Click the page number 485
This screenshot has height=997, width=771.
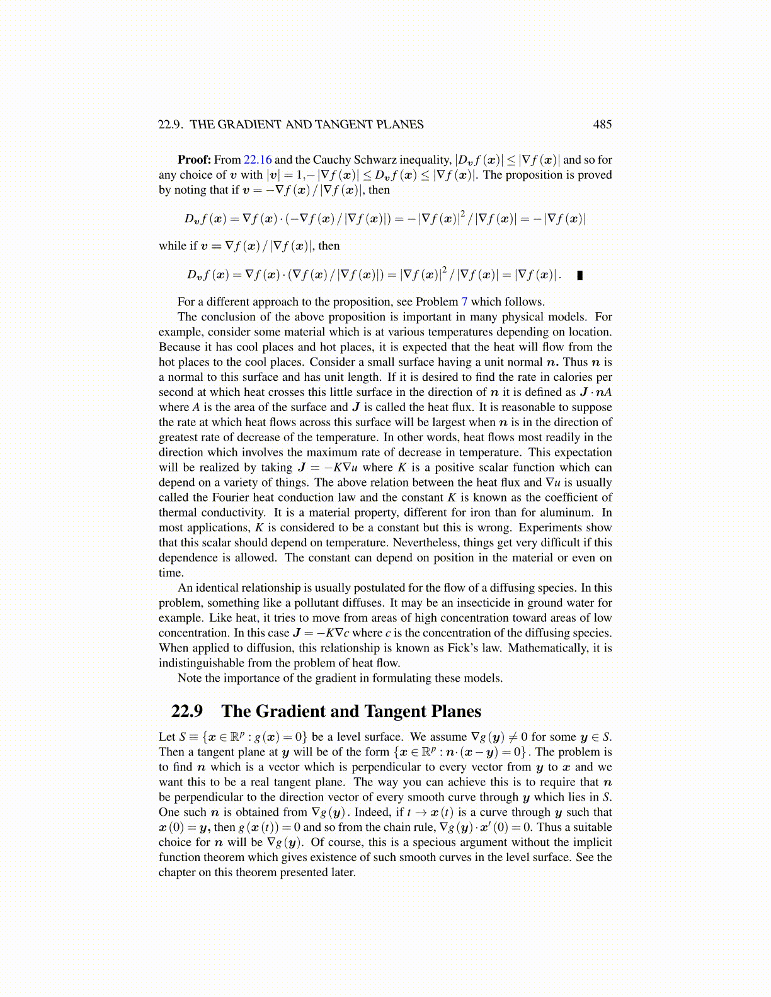[x=602, y=125]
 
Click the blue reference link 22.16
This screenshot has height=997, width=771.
[x=257, y=160]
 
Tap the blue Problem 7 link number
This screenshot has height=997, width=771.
[x=464, y=301]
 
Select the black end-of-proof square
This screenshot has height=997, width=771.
[x=580, y=275]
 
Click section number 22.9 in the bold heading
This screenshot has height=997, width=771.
[x=187, y=711]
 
